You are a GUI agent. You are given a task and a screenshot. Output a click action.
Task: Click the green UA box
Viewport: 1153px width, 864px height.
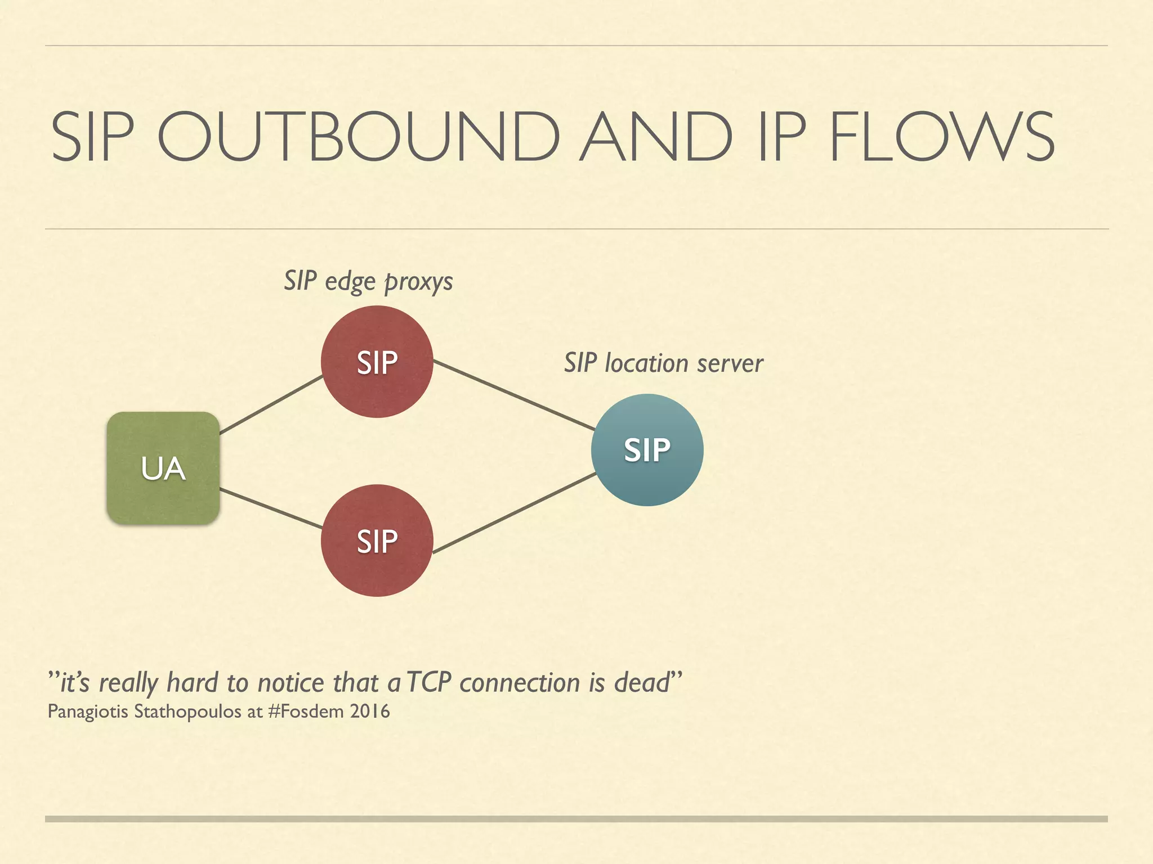click(x=163, y=468)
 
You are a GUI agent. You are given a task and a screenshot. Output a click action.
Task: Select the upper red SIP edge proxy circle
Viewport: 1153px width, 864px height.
click(x=377, y=362)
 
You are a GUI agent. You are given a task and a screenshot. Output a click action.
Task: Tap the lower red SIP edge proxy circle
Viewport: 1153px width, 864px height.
click(x=377, y=541)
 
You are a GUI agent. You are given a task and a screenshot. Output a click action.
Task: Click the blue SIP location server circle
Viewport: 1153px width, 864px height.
click(x=647, y=450)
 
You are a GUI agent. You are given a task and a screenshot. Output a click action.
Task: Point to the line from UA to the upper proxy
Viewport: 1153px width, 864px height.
click(x=271, y=405)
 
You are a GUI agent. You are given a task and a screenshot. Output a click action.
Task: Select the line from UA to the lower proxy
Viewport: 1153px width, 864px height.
click(x=271, y=508)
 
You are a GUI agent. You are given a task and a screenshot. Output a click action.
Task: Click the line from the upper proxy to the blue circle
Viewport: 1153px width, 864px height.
click(x=513, y=395)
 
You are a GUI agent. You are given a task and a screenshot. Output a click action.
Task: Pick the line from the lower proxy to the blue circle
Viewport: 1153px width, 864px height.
click(x=513, y=513)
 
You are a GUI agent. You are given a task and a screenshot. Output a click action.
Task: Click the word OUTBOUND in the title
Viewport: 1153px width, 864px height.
click(x=358, y=137)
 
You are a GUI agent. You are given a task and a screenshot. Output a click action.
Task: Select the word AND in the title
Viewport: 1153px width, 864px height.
click(x=656, y=137)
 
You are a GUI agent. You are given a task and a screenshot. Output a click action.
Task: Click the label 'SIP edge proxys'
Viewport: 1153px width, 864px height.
click(x=368, y=281)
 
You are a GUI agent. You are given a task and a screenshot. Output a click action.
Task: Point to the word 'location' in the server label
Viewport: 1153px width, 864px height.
click(x=646, y=363)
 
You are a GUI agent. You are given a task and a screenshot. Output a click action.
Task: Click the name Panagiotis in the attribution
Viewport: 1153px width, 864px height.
click(x=88, y=712)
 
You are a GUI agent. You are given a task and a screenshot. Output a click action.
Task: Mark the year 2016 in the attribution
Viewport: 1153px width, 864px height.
click(x=369, y=712)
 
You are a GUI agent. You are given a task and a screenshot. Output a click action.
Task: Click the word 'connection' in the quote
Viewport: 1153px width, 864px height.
click(x=520, y=682)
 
